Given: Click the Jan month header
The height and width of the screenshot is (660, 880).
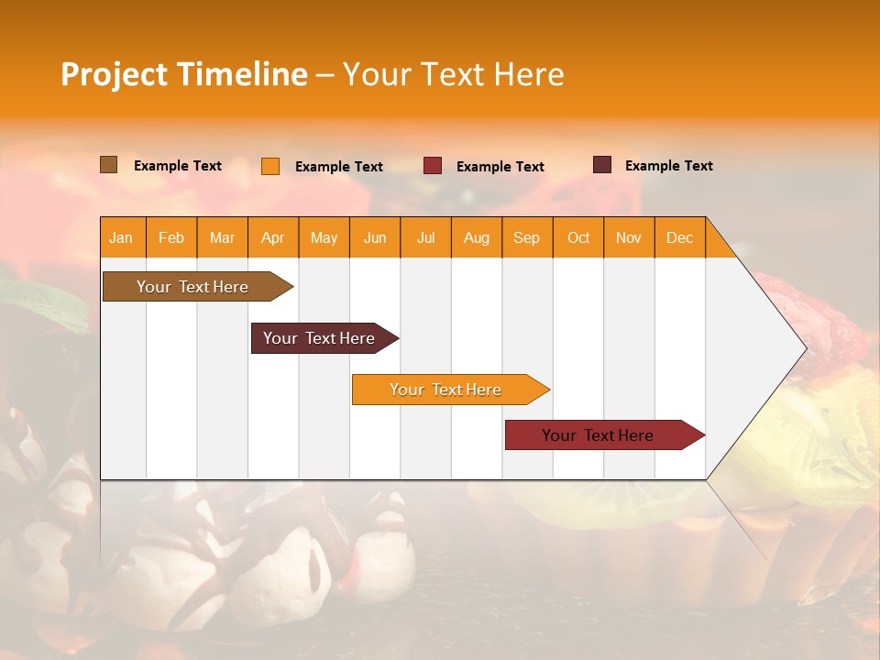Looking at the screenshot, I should pyautogui.click(x=122, y=237).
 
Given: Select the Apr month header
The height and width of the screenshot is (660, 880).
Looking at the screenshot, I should pyautogui.click(x=273, y=237).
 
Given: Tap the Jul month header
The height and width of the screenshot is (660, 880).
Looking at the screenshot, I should pyautogui.click(x=426, y=237).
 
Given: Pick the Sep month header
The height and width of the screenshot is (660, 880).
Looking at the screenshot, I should pyautogui.click(x=527, y=237).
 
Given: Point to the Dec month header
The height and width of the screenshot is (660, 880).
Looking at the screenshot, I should pyautogui.click(x=679, y=237).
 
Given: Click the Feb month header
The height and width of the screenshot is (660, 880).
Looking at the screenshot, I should pyautogui.click(x=171, y=237).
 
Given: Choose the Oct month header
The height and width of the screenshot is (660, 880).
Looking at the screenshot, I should pyautogui.click(x=578, y=237).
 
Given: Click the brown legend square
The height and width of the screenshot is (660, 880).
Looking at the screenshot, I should pyautogui.click(x=109, y=165).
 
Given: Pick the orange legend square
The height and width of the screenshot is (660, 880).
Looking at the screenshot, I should pyautogui.click(x=270, y=166).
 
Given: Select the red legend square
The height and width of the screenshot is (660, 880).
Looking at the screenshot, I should pyautogui.click(x=433, y=166).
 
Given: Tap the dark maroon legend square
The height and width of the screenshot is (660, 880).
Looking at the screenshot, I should pyautogui.click(x=602, y=165).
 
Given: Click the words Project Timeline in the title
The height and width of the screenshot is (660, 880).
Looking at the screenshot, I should pyautogui.click(x=184, y=74).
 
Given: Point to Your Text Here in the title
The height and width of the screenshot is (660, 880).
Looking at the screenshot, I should pyautogui.click(x=454, y=74).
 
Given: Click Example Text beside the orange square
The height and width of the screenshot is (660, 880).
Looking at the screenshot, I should pyautogui.click(x=339, y=167).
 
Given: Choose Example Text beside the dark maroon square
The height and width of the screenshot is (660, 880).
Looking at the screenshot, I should pyautogui.click(x=669, y=166).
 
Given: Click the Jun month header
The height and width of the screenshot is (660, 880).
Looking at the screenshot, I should pyautogui.click(x=375, y=237).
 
